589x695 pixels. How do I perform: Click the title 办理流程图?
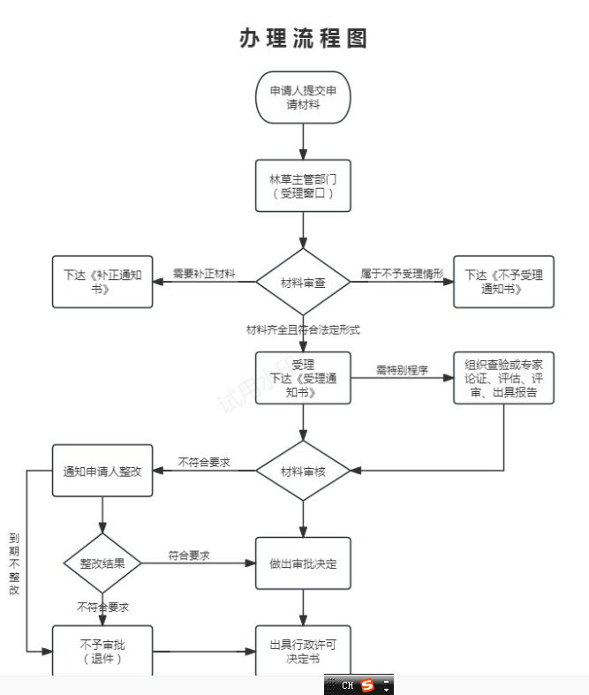(303, 39)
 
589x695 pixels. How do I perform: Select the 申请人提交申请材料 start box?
(303, 97)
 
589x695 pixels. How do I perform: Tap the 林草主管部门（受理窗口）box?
(303, 185)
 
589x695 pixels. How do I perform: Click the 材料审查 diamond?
(303, 282)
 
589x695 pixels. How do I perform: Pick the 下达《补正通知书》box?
(102, 282)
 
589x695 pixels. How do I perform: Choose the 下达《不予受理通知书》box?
(503, 282)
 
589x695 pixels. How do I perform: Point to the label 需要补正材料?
(204, 274)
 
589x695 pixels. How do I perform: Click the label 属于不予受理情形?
(402, 274)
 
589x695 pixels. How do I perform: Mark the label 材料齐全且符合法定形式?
(303, 329)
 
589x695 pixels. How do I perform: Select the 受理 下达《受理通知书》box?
(303, 378)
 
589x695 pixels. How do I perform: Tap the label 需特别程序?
(402, 370)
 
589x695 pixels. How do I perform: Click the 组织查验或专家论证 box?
(503, 378)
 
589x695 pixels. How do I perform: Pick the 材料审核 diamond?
(303, 471)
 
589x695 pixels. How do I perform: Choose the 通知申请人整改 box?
(102, 471)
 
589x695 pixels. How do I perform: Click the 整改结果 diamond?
(102, 563)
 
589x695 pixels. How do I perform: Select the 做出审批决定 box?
(303, 563)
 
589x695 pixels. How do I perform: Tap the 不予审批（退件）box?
(102, 652)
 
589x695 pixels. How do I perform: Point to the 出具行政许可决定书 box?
(303, 652)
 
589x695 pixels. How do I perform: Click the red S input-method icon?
(367, 685)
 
